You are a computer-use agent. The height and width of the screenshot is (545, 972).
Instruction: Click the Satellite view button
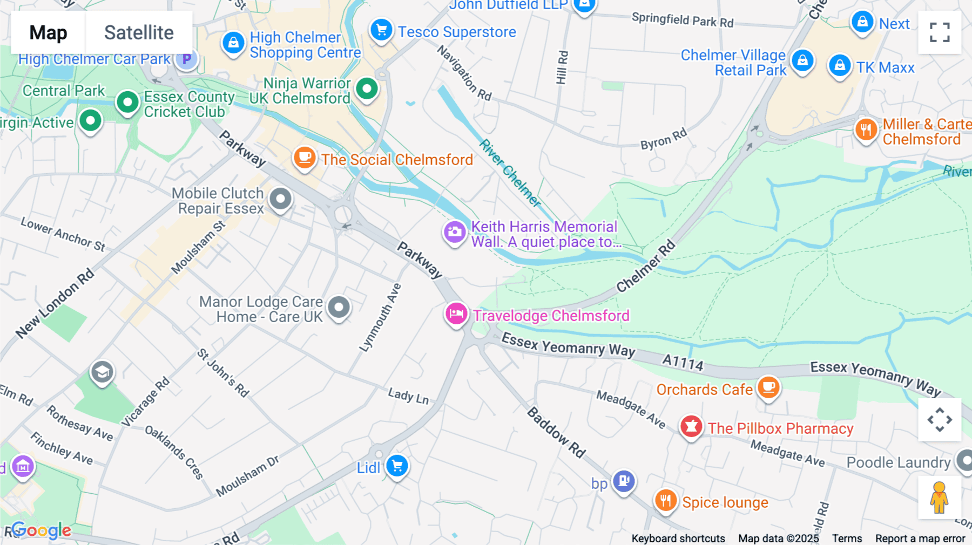139,32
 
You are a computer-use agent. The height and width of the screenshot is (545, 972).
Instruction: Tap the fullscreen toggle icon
940,32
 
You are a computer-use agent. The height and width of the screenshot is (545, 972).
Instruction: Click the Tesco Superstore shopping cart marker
381,30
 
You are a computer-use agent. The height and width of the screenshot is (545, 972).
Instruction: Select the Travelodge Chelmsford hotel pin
456,314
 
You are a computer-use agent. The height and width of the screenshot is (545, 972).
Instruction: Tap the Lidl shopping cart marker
397,466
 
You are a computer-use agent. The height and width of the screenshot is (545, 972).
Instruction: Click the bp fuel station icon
624,480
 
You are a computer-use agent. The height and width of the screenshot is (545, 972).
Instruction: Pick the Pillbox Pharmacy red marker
691,427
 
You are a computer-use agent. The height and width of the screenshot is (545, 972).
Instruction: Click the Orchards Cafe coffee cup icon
768,387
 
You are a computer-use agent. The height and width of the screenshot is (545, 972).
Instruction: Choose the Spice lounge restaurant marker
666,501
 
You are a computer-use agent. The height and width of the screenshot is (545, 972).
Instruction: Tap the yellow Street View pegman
939,498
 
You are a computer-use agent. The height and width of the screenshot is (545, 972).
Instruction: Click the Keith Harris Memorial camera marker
455,233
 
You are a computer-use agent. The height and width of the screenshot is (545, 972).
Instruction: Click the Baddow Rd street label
556,433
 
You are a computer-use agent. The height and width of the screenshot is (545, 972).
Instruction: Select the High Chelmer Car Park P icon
186,59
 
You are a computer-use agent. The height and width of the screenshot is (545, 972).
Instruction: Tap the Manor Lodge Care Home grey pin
339,308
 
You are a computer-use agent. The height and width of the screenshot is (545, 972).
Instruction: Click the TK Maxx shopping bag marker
840,66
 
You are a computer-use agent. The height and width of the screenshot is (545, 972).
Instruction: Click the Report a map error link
920,539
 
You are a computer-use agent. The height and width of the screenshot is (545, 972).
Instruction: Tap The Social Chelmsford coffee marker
305,158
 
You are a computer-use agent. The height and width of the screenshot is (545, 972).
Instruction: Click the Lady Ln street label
408,397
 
